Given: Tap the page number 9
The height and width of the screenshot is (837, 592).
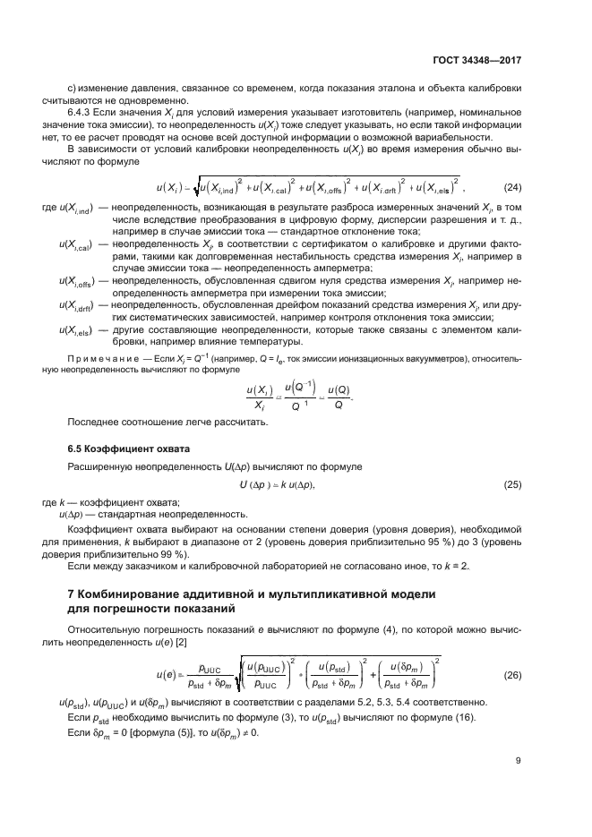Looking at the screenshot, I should (519, 761).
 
